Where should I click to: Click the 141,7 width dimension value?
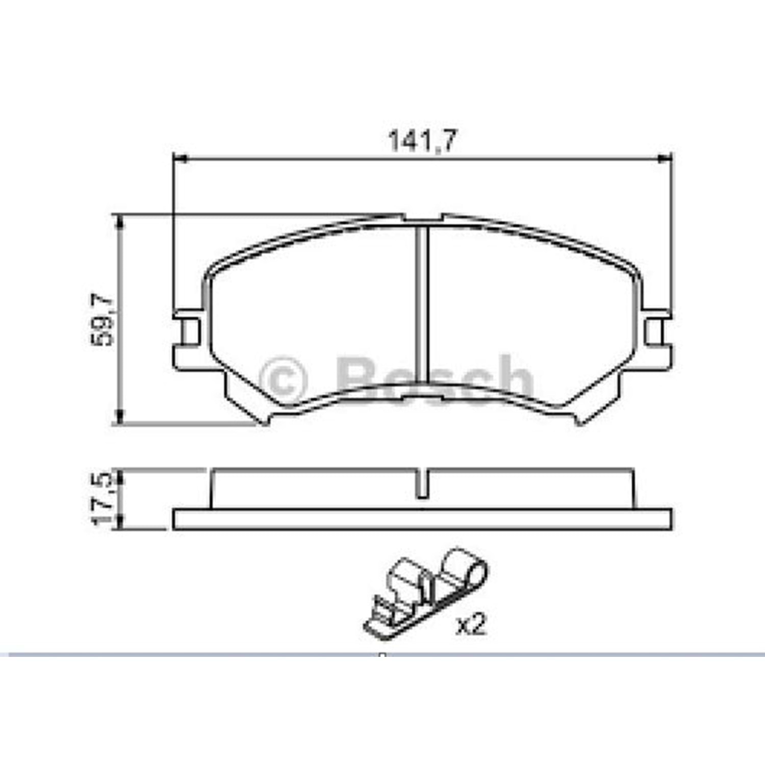pos(423,141)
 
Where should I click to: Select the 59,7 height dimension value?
pos(102,320)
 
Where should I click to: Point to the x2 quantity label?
pos(471,624)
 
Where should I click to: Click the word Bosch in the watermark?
pos(435,380)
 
